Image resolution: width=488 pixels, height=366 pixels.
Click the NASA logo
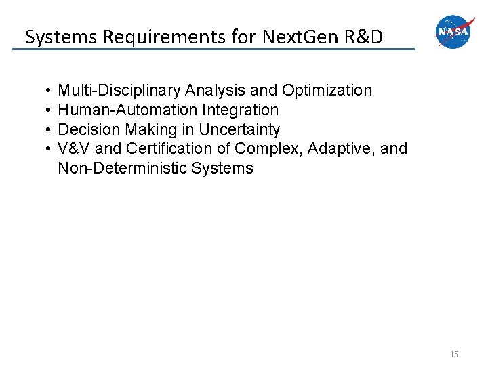point(453,32)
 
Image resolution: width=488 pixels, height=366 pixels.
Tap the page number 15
point(453,354)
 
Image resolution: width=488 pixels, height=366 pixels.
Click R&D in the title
point(363,37)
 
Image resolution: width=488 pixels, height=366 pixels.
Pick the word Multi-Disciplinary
point(119,90)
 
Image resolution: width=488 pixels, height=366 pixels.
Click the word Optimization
point(327,90)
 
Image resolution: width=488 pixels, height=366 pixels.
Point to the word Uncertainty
point(239,129)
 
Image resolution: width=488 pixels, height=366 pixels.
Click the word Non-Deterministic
point(123,168)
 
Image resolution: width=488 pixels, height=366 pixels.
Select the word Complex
point(268,148)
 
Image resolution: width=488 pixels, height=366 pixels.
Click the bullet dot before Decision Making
point(44,129)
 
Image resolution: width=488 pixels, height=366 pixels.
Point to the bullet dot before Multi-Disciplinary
point(44,90)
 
